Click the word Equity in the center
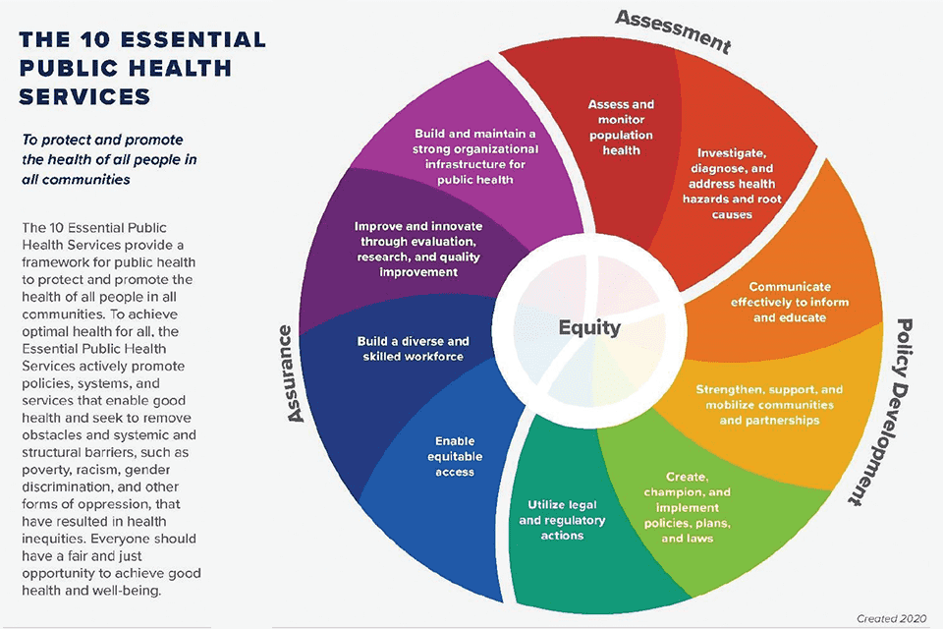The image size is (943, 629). click(589, 327)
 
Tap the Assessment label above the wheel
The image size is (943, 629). click(675, 29)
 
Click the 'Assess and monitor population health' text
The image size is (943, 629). click(621, 127)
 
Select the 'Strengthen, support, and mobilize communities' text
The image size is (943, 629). click(769, 405)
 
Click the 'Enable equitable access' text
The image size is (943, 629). click(455, 457)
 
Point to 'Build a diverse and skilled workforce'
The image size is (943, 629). click(413, 348)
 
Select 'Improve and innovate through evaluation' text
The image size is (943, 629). click(418, 249)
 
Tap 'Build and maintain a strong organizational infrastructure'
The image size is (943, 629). click(476, 156)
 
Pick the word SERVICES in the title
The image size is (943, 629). click(86, 96)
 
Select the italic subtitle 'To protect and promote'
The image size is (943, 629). click(103, 141)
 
